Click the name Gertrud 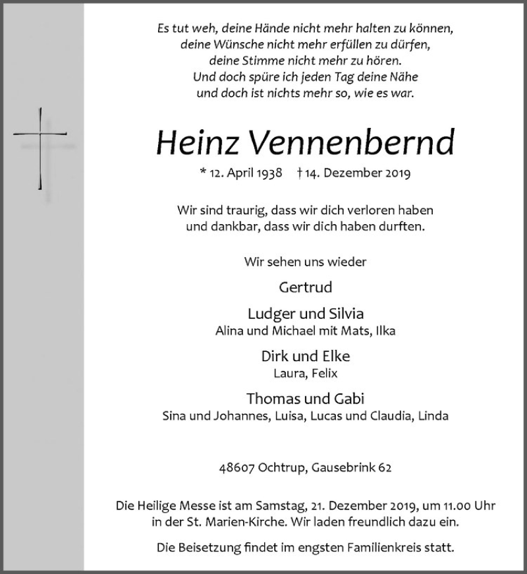point(305,287)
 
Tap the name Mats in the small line point(356,331)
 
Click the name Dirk point(275,357)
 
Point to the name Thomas point(271,399)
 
